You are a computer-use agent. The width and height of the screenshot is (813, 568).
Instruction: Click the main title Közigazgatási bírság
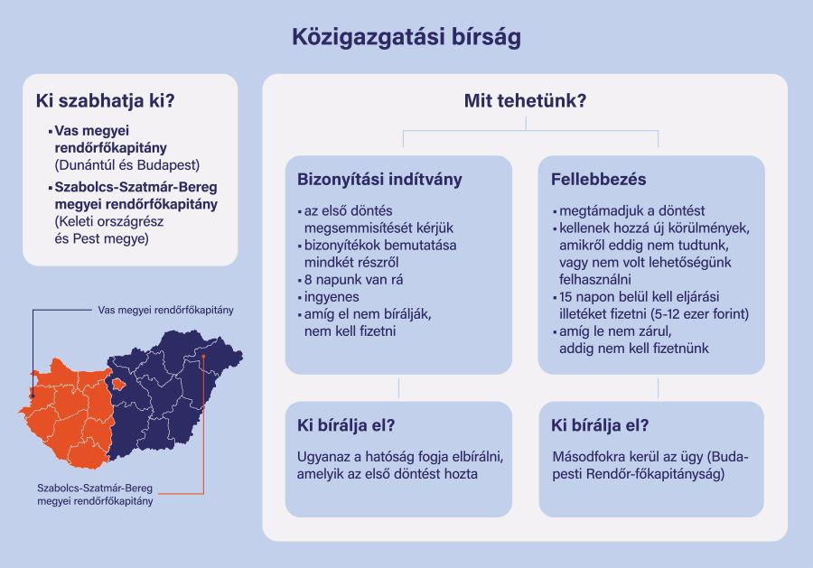click(x=406, y=37)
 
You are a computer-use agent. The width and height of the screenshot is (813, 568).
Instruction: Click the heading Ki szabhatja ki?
click(x=106, y=100)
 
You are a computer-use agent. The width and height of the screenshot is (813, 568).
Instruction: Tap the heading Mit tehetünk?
click(x=525, y=100)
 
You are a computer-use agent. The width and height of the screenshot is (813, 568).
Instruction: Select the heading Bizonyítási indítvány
click(x=379, y=180)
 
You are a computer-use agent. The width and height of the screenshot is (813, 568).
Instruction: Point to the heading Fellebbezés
click(x=598, y=180)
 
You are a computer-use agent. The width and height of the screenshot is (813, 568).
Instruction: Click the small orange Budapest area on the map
click(x=118, y=384)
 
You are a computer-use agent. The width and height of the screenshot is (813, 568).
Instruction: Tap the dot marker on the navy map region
click(x=204, y=357)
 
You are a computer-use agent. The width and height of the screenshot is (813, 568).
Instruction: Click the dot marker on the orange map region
click(x=33, y=396)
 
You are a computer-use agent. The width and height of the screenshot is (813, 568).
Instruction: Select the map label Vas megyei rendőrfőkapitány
click(x=166, y=310)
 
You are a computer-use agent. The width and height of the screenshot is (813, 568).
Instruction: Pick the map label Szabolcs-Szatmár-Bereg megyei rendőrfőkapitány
click(x=95, y=495)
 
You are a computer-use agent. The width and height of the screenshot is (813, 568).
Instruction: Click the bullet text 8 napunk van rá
click(x=353, y=280)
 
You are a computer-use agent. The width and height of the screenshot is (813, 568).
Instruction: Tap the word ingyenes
click(x=332, y=297)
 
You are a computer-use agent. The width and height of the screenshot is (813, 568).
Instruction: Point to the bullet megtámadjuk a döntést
click(x=632, y=211)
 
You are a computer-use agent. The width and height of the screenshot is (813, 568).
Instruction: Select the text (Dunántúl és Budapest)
click(x=127, y=165)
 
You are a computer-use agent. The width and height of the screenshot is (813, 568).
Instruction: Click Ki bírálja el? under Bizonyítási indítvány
click(x=346, y=425)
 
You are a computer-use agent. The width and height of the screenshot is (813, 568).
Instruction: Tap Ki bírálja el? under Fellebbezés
click(x=600, y=425)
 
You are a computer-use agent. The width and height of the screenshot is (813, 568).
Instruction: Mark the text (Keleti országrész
click(x=109, y=222)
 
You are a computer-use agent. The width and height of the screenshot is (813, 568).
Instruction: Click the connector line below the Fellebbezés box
click(x=659, y=388)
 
